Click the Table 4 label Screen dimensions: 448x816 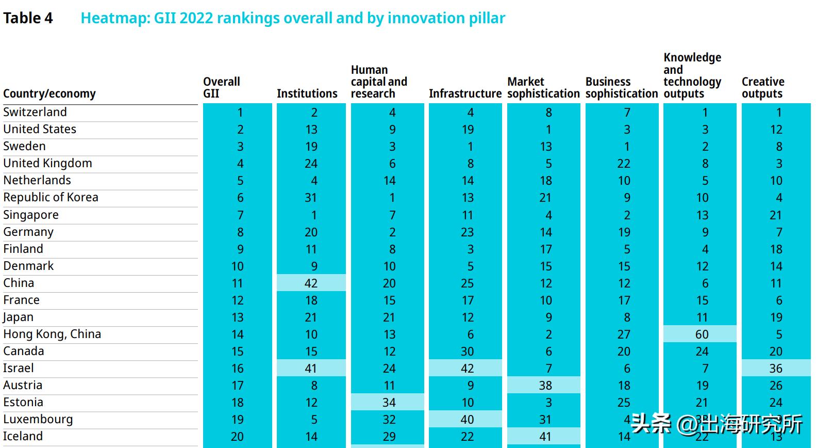[28, 18]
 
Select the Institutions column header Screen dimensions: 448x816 [307, 93]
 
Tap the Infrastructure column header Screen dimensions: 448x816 [465, 93]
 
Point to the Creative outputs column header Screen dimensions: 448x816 [763, 88]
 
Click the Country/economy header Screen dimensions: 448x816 [49, 93]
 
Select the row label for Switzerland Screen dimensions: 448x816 [35, 112]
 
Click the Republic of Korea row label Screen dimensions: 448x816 [51, 197]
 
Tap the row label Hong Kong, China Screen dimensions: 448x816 [52, 334]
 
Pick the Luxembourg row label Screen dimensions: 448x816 [38, 419]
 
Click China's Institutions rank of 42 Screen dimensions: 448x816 [311, 283]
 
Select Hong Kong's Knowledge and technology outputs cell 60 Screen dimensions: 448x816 [702, 334]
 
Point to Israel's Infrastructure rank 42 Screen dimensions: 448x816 [467, 368]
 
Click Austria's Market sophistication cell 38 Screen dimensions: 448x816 [545, 385]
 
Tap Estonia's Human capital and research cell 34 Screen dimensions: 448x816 [389, 402]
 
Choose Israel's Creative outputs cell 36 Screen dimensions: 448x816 [776, 368]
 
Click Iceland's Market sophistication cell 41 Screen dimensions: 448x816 [545, 436]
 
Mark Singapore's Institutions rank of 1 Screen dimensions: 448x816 [314, 215]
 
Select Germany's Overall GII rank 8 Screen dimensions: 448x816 [240, 232]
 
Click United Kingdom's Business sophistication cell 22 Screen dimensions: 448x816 [624, 164]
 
